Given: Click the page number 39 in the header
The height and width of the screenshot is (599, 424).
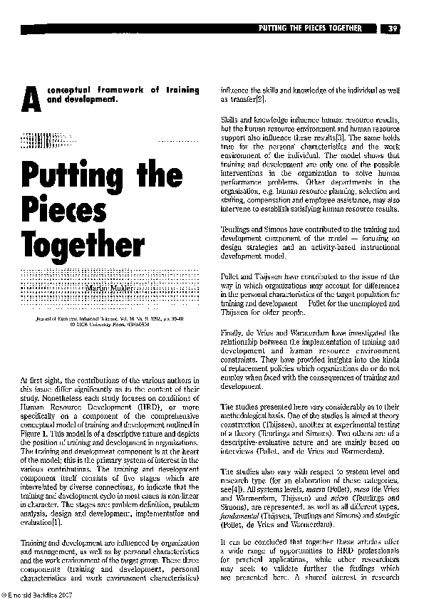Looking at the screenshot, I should coord(393,28).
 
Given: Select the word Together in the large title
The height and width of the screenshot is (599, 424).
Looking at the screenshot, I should coord(83,246).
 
